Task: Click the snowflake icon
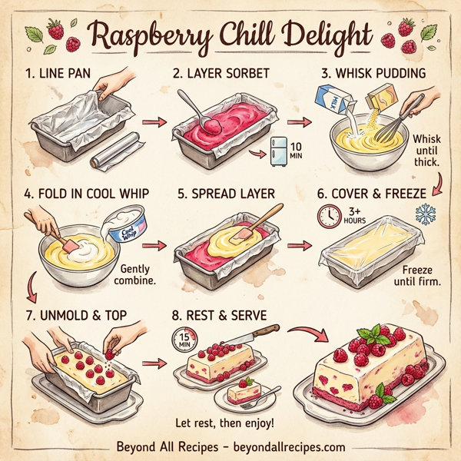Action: click(x=425, y=214)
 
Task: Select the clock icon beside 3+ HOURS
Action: click(x=329, y=217)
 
